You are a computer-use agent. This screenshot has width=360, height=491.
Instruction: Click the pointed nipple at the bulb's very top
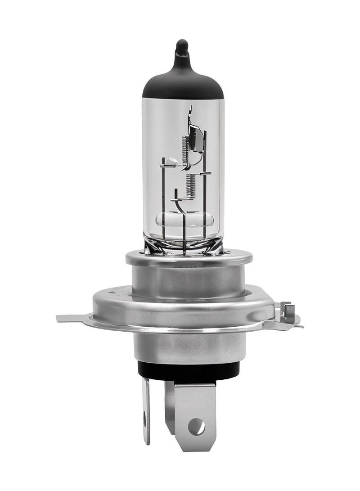182,47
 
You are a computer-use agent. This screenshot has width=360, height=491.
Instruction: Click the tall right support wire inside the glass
205,180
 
